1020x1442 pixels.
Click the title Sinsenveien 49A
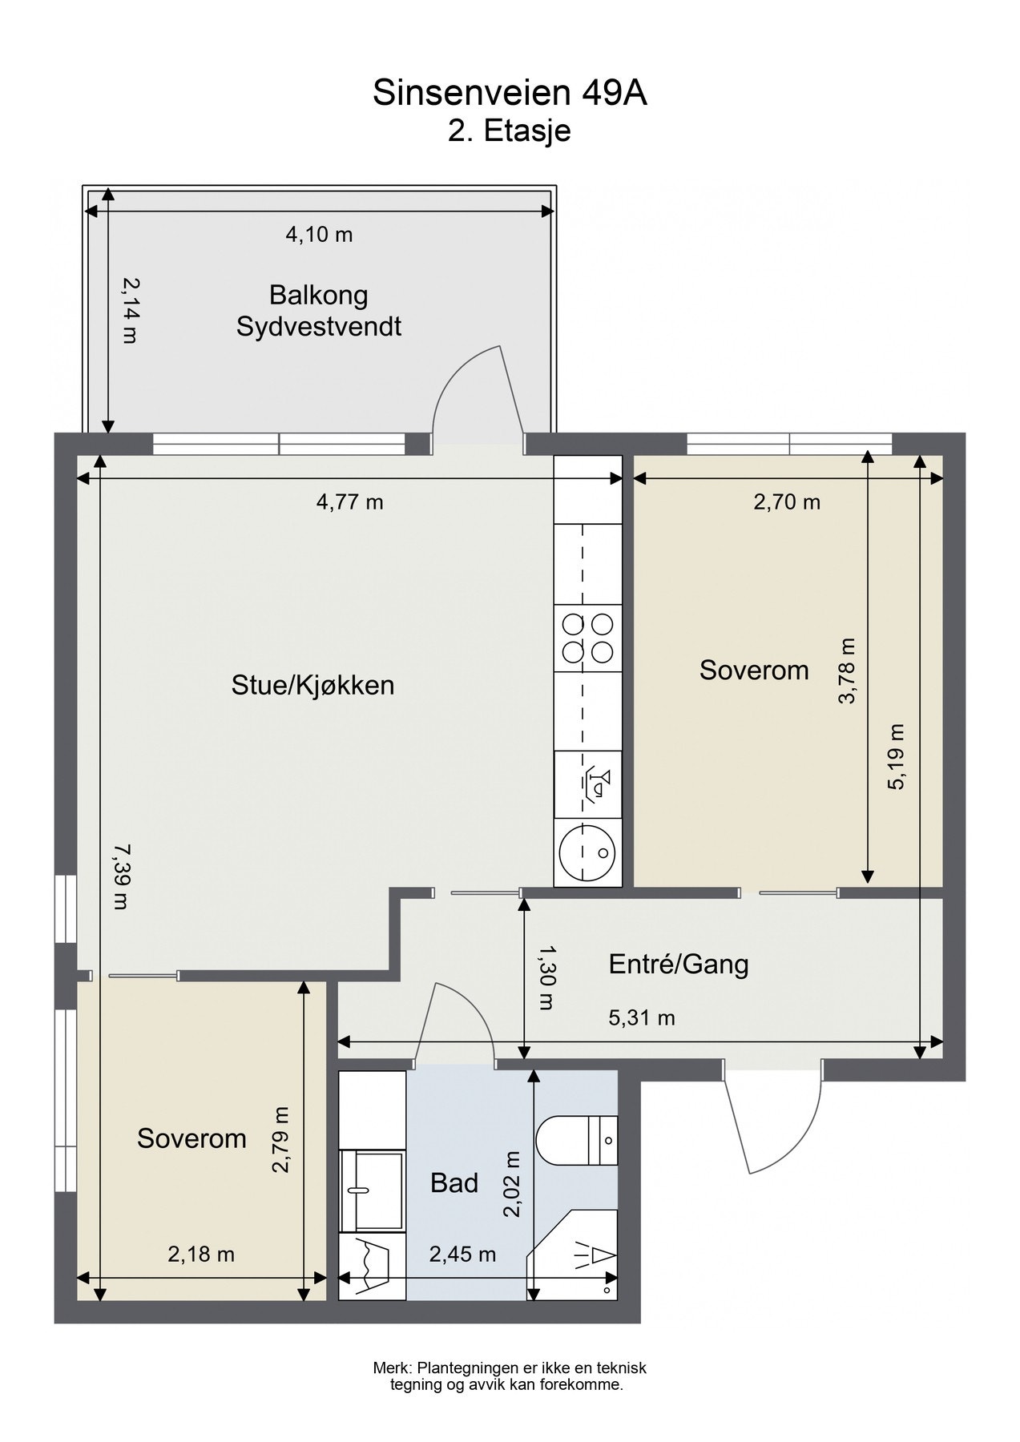(x=510, y=94)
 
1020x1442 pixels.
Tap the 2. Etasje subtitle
(x=510, y=130)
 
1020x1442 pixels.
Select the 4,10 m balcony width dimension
(x=319, y=235)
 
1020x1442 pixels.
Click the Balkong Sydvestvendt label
(x=319, y=311)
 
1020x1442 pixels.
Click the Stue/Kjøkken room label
(x=312, y=685)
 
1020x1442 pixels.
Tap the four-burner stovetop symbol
(x=587, y=638)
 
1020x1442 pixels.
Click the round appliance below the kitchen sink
(x=587, y=851)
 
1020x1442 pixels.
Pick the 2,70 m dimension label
(x=787, y=502)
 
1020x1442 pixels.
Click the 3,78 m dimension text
(x=847, y=671)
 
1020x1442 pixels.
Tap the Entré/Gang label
(x=679, y=964)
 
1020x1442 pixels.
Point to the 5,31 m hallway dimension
(x=642, y=1018)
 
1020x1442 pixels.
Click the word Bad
(x=454, y=1183)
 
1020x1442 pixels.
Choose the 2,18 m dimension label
(x=201, y=1254)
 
